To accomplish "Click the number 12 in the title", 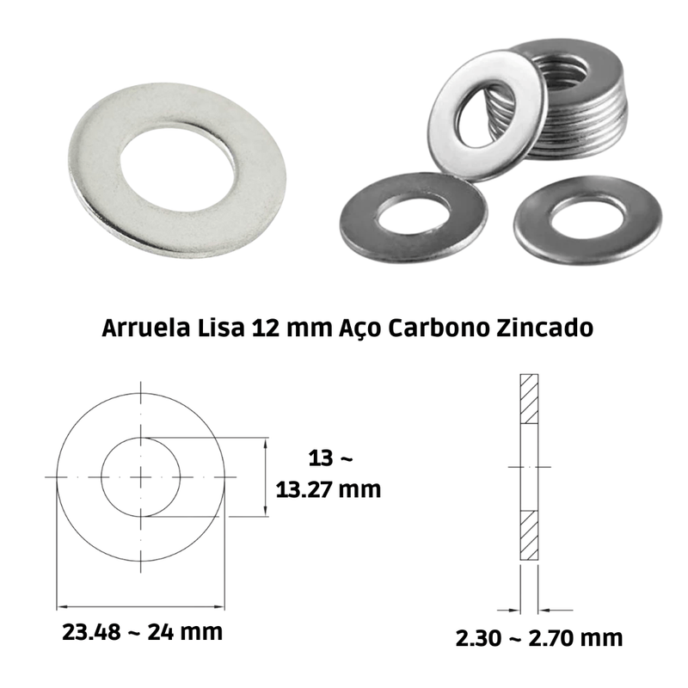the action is [267, 329].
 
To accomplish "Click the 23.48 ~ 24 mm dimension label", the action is [142, 632].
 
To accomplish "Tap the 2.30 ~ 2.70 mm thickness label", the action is [539, 638].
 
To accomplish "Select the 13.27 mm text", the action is [329, 489].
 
